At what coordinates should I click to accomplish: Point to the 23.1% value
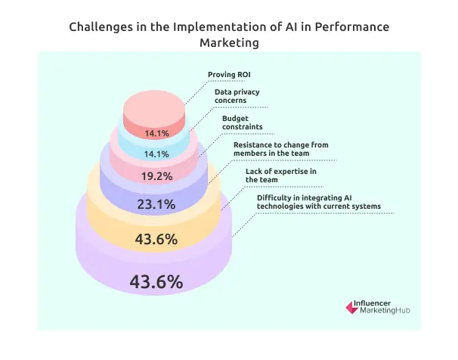[156, 204]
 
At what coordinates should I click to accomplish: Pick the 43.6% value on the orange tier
[156, 240]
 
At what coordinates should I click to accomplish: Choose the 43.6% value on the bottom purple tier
[156, 282]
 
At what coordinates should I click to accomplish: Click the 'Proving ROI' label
[228, 75]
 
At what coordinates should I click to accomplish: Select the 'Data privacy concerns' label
[234, 96]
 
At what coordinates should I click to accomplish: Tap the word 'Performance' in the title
[353, 27]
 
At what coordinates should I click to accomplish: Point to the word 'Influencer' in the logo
[375, 303]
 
